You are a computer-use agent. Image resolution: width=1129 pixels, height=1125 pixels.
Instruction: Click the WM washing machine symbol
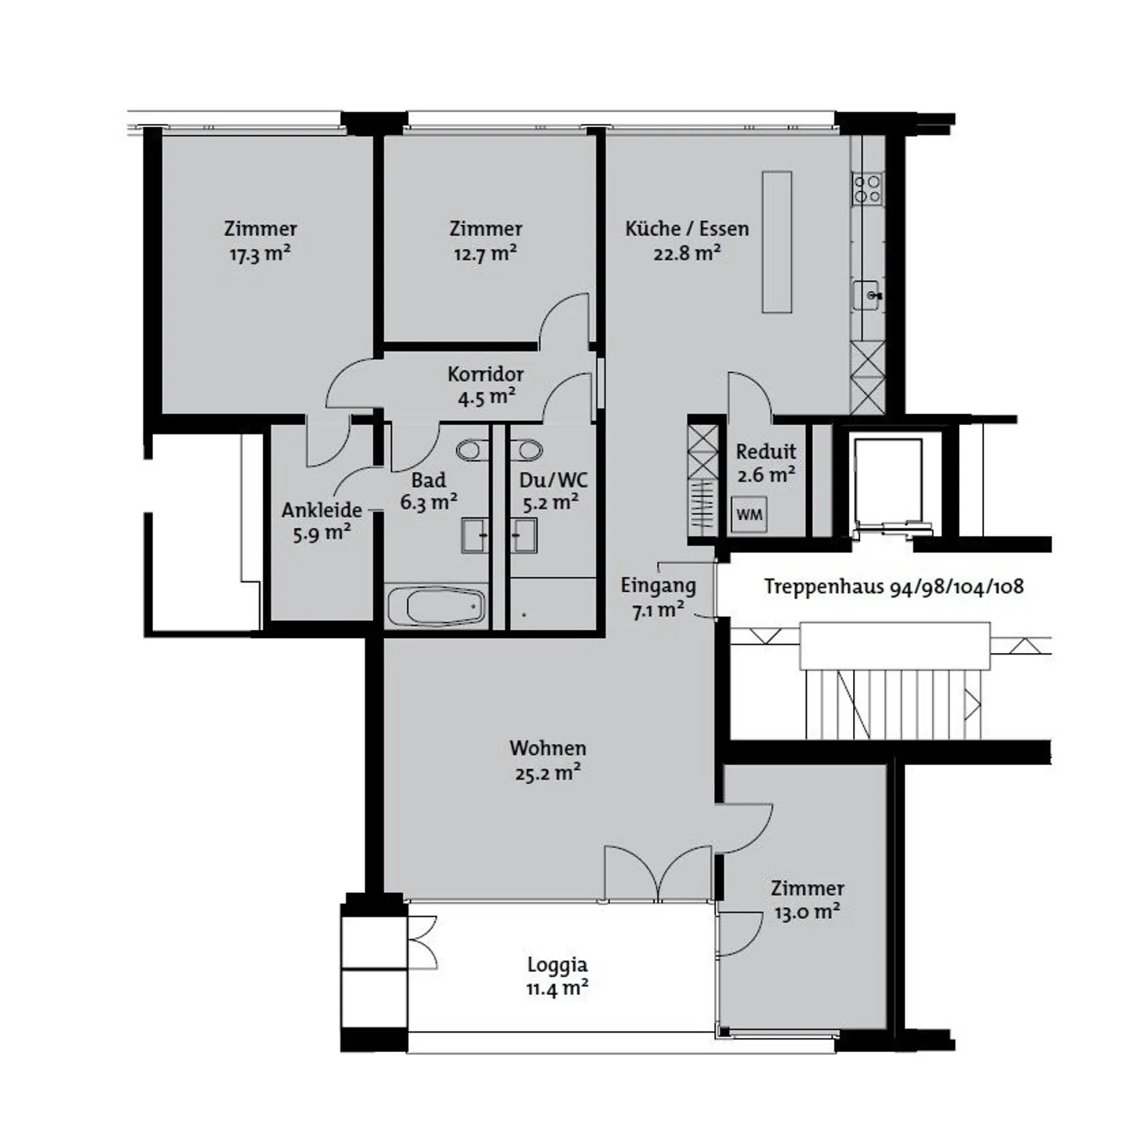[749, 515]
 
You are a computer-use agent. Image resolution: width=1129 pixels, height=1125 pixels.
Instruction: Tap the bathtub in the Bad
[436, 606]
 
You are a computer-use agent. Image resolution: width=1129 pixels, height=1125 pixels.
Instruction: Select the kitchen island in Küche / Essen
[776, 241]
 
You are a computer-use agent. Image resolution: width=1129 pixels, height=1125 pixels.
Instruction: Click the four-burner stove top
[867, 188]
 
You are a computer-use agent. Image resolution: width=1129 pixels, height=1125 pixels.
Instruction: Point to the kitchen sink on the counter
[868, 295]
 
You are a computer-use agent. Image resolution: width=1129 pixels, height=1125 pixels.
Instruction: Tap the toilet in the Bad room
[472, 450]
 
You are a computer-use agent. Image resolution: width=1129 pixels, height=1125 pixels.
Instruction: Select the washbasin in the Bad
[474, 535]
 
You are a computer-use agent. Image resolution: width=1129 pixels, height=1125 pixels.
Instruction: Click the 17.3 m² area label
[260, 254]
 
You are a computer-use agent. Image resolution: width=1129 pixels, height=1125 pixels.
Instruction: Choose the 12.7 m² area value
[485, 254]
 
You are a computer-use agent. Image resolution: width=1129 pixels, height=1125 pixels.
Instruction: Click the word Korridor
[485, 374]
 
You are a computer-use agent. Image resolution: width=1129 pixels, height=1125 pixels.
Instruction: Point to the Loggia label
[557, 964]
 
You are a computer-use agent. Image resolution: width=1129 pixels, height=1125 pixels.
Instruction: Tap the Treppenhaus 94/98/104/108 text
[894, 586]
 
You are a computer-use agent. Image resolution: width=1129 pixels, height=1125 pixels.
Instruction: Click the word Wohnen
[547, 748]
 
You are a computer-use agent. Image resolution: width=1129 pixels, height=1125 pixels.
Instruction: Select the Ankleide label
[321, 510]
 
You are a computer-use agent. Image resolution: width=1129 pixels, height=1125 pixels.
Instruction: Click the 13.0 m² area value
[807, 913]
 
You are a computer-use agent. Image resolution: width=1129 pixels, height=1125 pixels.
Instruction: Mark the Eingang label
[658, 585]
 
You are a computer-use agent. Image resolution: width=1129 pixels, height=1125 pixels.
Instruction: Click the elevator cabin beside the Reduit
[888, 482]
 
